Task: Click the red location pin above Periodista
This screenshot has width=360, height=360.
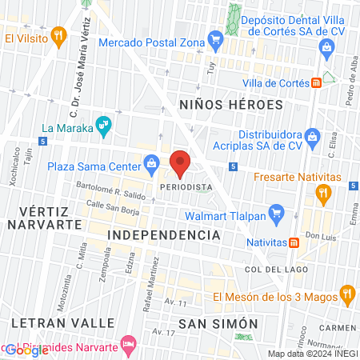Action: pyautogui.click(x=181, y=162)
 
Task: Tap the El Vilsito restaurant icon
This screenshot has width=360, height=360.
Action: pyautogui.click(x=58, y=35)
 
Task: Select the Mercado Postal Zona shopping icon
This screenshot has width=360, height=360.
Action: pyautogui.click(x=214, y=37)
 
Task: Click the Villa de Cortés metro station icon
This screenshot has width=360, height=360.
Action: pyautogui.click(x=317, y=82)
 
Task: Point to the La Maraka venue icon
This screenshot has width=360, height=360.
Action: pyautogui.click(x=102, y=125)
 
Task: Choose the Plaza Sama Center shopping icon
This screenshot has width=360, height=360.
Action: pyautogui.click(x=150, y=166)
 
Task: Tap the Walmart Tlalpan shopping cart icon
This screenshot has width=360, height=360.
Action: pyautogui.click(x=277, y=214)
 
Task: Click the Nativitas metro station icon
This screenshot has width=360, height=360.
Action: pyautogui.click(x=294, y=242)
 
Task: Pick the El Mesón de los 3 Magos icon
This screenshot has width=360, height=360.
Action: pyautogui.click(x=346, y=294)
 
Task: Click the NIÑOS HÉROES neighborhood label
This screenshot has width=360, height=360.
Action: pyautogui.click(x=231, y=105)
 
